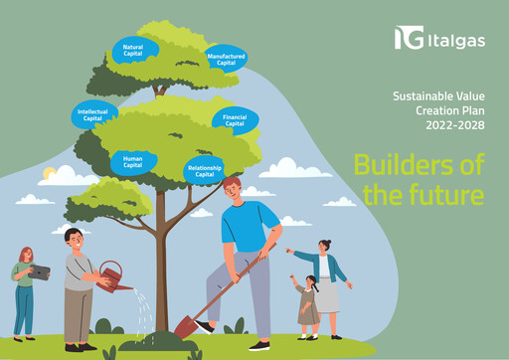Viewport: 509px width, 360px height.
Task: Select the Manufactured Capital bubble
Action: coord(227,59)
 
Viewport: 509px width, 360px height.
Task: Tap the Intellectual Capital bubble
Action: coord(92,114)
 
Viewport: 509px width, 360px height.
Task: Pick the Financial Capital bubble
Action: coord(236,120)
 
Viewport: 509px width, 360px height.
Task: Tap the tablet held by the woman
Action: coord(41,270)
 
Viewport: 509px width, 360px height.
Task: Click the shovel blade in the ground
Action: coord(185,325)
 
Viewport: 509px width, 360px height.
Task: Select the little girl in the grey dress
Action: coord(308,301)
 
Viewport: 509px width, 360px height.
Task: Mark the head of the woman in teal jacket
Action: coord(325,246)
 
